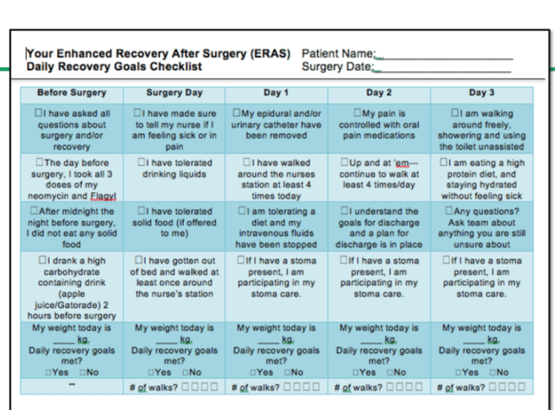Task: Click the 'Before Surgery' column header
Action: (70, 92)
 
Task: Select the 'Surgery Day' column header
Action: (173, 92)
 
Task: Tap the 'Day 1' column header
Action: (276, 92)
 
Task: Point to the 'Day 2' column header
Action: (379, 92)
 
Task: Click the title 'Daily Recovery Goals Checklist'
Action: (114, 68)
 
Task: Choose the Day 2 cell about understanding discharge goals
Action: (379, 228)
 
